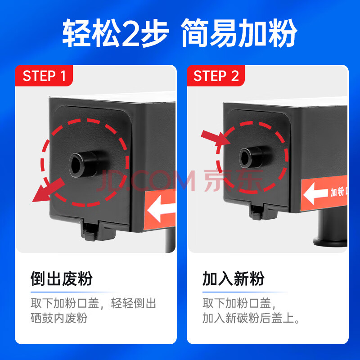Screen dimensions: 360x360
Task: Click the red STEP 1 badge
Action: (44, 76)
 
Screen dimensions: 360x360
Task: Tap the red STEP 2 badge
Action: (216, 76)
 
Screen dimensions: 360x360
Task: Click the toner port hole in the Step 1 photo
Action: (75, 164)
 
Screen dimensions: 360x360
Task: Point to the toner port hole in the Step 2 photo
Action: (245, 157)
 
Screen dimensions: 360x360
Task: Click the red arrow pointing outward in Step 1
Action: (48, 190)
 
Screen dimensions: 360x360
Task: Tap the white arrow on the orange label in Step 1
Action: (161, 209)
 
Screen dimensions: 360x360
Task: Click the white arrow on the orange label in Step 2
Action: (316, 193)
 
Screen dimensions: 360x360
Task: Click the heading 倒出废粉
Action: (62, 279)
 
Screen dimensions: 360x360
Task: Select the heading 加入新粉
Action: (233, 279)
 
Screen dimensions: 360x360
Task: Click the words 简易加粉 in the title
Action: (239, 32)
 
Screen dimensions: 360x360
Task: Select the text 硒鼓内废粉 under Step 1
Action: (59, 318)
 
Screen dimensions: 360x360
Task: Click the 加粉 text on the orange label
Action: (337, 192)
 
